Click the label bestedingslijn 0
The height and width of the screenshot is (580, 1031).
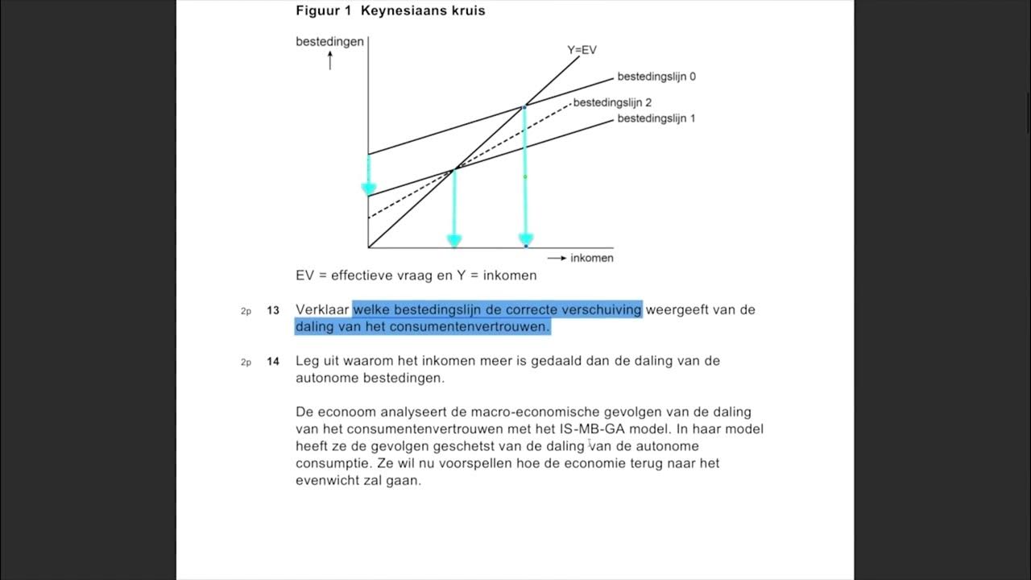[x=656, y=77]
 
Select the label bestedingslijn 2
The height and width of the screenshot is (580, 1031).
[x=611, y=103]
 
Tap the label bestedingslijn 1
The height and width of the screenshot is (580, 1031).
[x=656, y=118]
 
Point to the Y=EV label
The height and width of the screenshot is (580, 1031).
[x=582, y=50]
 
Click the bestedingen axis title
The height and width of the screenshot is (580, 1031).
[x=329, y=42]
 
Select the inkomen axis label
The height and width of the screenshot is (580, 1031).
[x=591, y=258]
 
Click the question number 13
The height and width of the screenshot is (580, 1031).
[x=273, y=310]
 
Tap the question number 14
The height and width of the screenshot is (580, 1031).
[x=273, y=362]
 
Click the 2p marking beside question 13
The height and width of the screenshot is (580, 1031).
[x=246, y=311]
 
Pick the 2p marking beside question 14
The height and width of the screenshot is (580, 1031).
[x=246, y=362]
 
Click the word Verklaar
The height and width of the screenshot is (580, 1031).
[x=321, y=309]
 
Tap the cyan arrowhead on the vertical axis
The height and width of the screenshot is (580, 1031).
[x=369, y=189]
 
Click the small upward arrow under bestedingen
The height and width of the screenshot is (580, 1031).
[x=329, y=60]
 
